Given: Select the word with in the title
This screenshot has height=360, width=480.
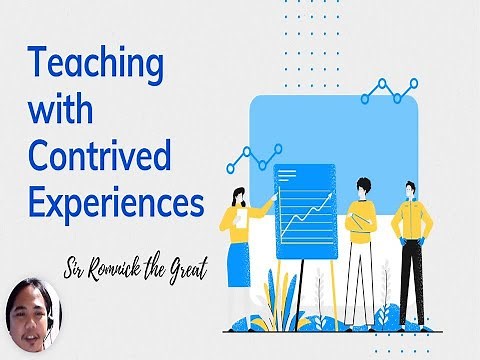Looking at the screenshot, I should (x=60, y=107).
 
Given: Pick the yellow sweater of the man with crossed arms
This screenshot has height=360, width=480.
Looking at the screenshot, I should (x=362, y=216).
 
